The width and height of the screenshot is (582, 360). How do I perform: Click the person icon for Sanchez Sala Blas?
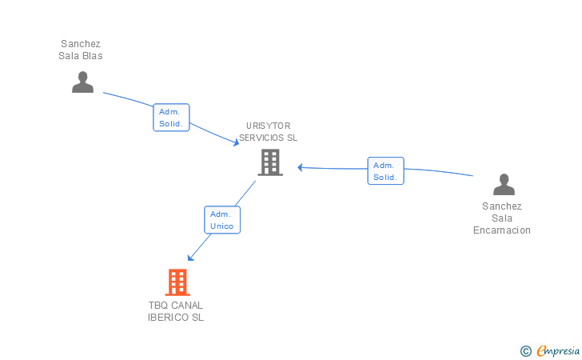coord(82,82)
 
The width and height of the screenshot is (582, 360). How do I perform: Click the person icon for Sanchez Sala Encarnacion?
coord(504,185)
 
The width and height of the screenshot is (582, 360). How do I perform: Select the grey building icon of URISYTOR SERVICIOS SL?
coord(270,162)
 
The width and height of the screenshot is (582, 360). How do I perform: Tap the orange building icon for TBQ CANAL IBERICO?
coord(177,282)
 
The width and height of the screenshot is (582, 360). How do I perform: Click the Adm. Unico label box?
coord(221,220)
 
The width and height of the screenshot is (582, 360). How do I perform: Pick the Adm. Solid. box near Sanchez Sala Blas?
coord(171,118)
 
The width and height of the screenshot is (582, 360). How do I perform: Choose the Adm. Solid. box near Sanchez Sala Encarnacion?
coord(385,171)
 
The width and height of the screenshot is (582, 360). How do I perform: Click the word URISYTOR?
coord(268,126)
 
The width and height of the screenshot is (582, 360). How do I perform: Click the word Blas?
coord(93,56)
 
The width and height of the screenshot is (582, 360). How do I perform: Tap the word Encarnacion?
coord(501,230)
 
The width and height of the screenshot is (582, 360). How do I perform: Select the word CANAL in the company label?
coord(187,305)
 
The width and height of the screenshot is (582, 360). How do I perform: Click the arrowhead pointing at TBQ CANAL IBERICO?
coord(189,258)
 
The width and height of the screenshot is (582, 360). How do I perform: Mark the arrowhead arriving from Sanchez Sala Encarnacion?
coord(300,167)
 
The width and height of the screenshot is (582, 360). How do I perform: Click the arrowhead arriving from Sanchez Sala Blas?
coord(236,143)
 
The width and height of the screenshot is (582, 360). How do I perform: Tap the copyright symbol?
coord(525,350)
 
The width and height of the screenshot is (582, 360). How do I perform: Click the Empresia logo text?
coord(558,350)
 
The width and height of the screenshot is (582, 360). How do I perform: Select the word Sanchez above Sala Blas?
coord(81,44)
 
